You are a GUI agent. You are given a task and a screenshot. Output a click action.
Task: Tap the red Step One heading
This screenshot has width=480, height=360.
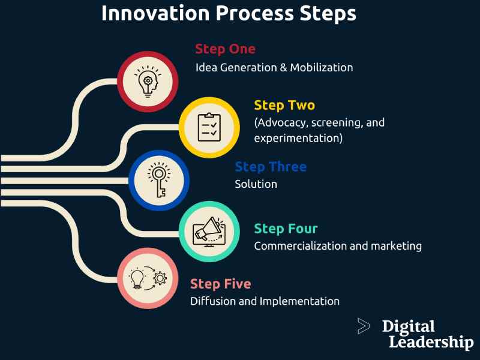click(225, 49)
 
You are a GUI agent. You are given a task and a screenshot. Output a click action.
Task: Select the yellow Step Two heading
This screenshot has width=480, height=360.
click(284, 106)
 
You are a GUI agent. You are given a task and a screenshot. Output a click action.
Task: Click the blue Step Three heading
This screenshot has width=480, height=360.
click(271, 167)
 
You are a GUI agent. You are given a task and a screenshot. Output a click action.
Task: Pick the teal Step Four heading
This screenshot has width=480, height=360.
click(286, 229)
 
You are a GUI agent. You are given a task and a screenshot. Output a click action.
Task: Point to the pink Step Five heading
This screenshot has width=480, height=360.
click(221, 284)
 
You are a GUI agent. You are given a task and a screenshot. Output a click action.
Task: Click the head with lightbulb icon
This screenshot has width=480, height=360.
click(146, 82)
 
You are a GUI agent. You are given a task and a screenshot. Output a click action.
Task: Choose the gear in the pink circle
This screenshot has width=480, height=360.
click(160, 277)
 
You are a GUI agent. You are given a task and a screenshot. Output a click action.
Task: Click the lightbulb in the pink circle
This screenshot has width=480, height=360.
click(136, 277)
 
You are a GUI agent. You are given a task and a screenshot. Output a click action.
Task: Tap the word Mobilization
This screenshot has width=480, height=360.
click(322, 67)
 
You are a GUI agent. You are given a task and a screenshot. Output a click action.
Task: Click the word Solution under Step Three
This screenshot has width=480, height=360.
click(256, 184)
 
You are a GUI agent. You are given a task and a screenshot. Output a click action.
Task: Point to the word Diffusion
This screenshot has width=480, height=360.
click(211, 301)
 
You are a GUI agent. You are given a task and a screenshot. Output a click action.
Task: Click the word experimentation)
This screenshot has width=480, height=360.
click(298, 139)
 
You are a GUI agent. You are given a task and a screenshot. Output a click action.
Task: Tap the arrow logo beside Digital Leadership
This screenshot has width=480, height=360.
click(363, 326)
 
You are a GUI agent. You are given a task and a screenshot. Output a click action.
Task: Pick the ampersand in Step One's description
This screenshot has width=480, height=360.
click(283, 67)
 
